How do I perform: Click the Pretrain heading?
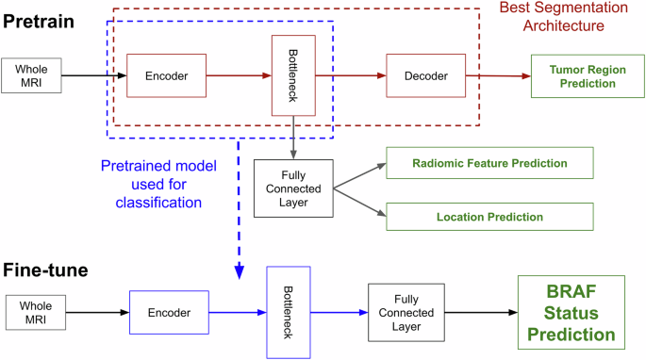coord(40,20)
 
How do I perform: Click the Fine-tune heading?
coord(45,270)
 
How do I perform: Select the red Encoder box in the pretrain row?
coord(159,75)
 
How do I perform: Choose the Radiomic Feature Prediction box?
coord(490,163)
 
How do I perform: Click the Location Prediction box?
coord(490,217)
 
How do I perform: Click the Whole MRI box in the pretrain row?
coord(31,76)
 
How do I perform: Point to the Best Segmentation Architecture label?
coord(562,18)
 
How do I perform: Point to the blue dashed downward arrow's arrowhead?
coord(240,271)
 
